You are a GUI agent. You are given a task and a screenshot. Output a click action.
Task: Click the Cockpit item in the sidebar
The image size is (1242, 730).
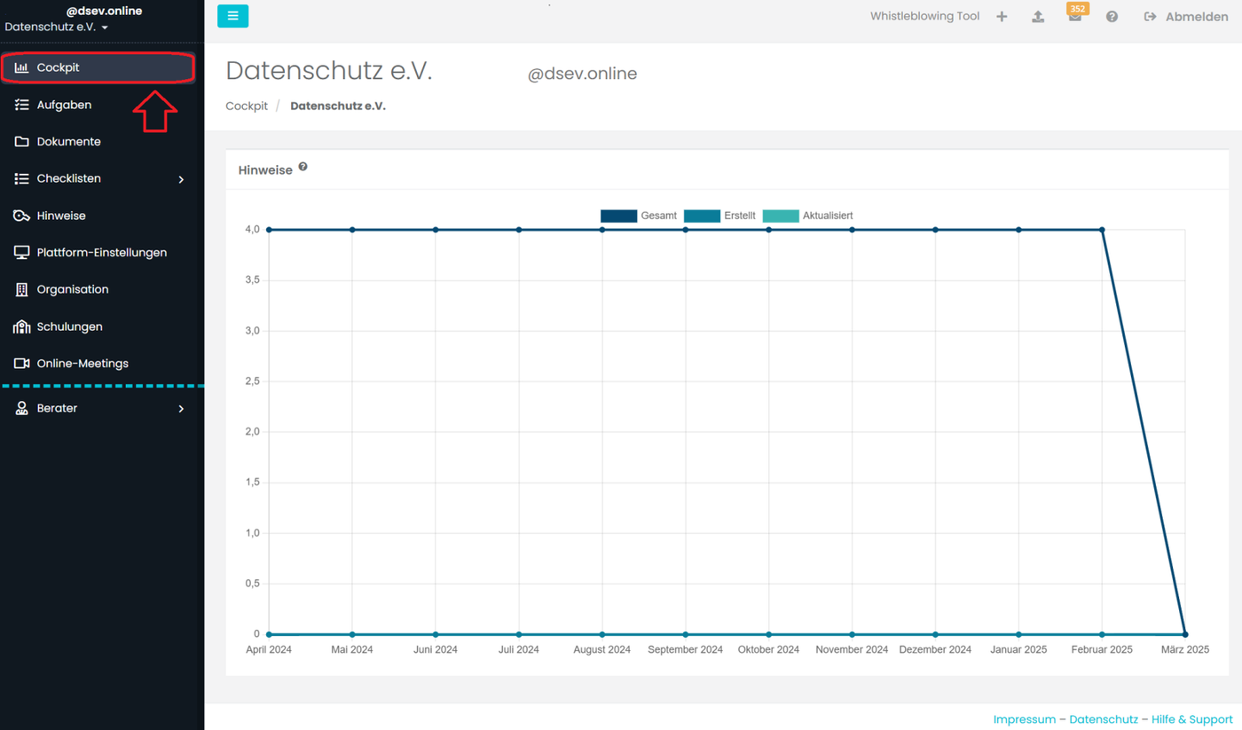point(59,68)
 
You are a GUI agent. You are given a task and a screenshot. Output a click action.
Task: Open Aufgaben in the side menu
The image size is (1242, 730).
point(64,105)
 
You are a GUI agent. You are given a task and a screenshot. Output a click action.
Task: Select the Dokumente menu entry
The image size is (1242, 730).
point(68,142)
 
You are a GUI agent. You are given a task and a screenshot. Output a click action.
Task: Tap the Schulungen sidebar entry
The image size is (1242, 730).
point(69,326)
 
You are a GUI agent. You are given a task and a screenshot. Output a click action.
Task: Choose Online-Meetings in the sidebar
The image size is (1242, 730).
point(83,364)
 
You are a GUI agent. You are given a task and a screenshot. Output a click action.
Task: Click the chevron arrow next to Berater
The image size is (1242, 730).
point(181,409)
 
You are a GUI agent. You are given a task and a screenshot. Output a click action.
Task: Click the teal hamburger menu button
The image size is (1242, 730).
point(232,16)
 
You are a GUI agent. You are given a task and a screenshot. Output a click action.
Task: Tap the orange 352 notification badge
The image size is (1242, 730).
point(1078,9)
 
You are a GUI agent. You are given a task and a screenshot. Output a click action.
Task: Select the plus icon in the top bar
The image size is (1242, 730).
point(1002,17)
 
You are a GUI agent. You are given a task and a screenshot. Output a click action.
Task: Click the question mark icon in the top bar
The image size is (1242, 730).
point(1112,17)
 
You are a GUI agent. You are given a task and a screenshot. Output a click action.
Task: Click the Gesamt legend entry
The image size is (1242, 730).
point(639,216)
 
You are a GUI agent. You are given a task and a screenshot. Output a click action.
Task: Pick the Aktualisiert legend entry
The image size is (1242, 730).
point(808,216)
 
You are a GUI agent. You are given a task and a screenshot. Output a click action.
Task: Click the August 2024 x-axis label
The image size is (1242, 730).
point(601,649)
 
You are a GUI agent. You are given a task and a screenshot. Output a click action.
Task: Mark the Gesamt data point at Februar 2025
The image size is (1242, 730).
point(1102,230)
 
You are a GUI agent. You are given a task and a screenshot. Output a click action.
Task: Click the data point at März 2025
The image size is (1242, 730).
point(1185,634)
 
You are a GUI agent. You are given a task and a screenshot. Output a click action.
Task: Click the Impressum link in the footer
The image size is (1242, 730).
point(1024,719)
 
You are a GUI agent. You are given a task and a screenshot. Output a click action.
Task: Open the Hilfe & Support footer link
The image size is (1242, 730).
point(1191,719)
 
